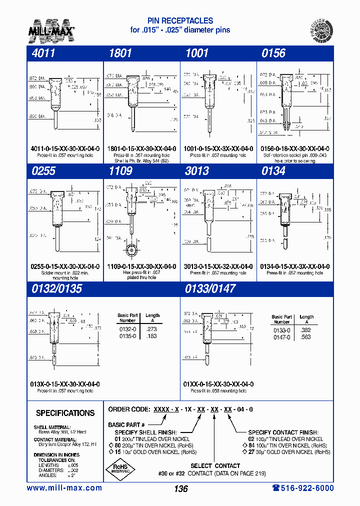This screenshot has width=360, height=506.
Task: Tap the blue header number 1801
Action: [x=120, y=53]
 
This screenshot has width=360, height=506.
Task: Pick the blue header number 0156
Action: [x=273, y=53]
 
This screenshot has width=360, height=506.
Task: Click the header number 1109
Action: [x=120, y=171]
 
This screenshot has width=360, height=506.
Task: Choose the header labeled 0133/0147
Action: [x=210, y=288]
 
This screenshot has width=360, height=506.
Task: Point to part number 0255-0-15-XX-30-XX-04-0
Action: [x=65, y=266]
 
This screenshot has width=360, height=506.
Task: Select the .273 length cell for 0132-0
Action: [x=151, y=329]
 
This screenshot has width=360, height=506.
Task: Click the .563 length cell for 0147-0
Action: [x=305, y=337]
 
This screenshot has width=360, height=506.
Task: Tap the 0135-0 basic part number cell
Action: [x=126, y=336]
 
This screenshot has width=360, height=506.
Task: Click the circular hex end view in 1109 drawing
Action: [x=132, y=249]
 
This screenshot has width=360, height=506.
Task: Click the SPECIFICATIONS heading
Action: [x=65, y=413]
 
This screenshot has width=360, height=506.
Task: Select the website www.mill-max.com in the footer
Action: [x=64, y=488]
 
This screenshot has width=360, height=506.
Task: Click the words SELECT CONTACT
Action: [x=215, y=465]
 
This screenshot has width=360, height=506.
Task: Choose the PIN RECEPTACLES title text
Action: [x=180, y=21]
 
